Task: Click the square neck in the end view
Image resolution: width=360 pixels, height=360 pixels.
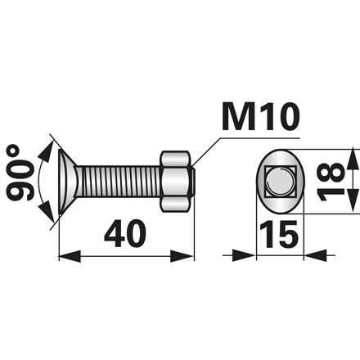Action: click(x=280, y=181)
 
